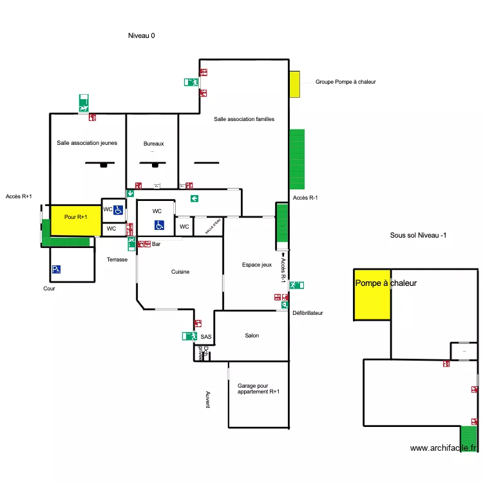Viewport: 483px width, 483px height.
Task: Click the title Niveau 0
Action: coord(142,36)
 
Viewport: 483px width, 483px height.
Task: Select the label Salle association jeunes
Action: coord(87,143)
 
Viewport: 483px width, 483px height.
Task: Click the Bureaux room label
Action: coord(154,143)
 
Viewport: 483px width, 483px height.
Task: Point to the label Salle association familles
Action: coord(244,119)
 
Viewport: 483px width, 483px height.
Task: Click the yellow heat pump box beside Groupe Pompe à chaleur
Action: coord(294,84)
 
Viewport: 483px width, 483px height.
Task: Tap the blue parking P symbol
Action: coord(57,270)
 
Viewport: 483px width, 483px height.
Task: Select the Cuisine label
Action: coord(180,272)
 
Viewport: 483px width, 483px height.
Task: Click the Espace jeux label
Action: coord(257,265)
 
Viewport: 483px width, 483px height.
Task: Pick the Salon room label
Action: coord(252,336)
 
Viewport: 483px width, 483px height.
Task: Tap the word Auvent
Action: coord(207,399)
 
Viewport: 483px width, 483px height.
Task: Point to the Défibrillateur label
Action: coord(307,313)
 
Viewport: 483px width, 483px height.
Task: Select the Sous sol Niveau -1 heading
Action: coord(419,236)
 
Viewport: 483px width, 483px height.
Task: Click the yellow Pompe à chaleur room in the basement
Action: coord(372,294)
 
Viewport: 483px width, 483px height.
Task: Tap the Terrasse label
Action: coord(117,260)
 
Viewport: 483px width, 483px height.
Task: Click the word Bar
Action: coord(156,244)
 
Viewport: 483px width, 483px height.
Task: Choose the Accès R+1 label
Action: coord(19,196)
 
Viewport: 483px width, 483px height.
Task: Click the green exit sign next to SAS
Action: coord(189,336)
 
